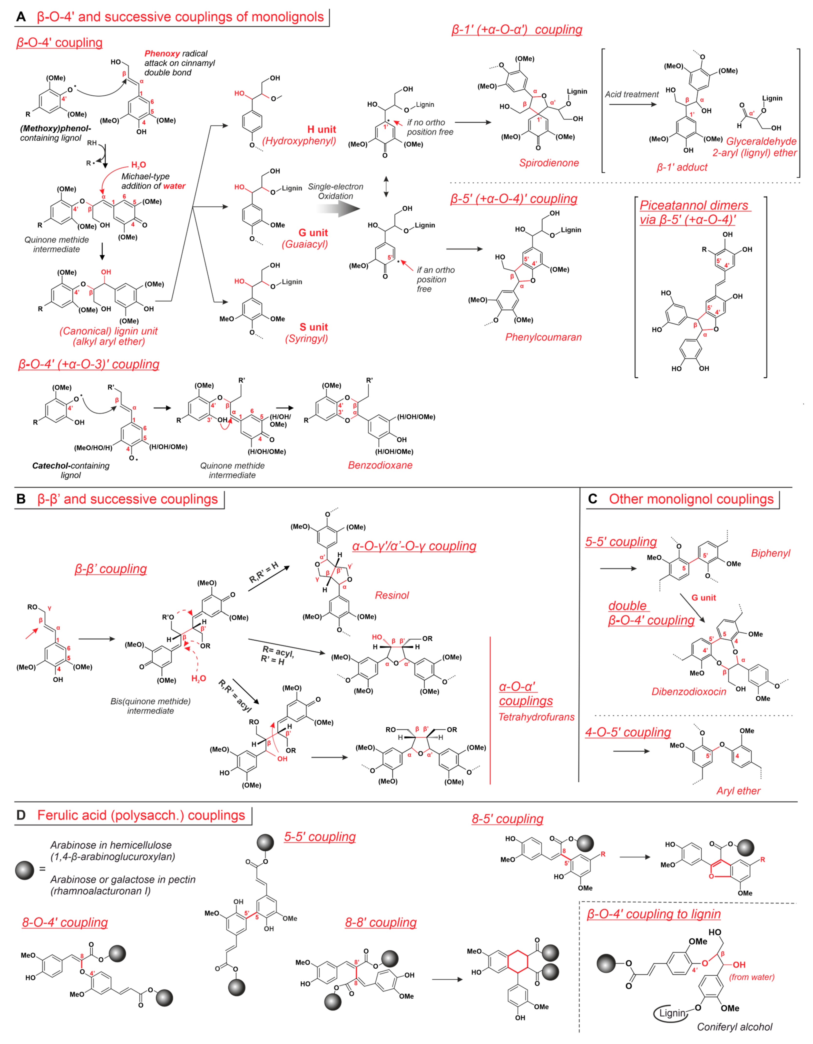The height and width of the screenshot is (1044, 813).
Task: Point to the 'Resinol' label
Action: [x=392, y=595]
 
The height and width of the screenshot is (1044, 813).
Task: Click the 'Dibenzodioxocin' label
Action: [x=689, y=692]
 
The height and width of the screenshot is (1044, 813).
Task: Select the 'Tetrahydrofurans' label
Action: [x=536, y=717]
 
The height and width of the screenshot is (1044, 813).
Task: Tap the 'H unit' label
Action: [x=321, y=129]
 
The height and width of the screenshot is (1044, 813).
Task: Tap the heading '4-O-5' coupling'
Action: [x=627, y=732]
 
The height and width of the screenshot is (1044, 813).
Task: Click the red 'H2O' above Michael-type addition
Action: [x=139, y=165]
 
